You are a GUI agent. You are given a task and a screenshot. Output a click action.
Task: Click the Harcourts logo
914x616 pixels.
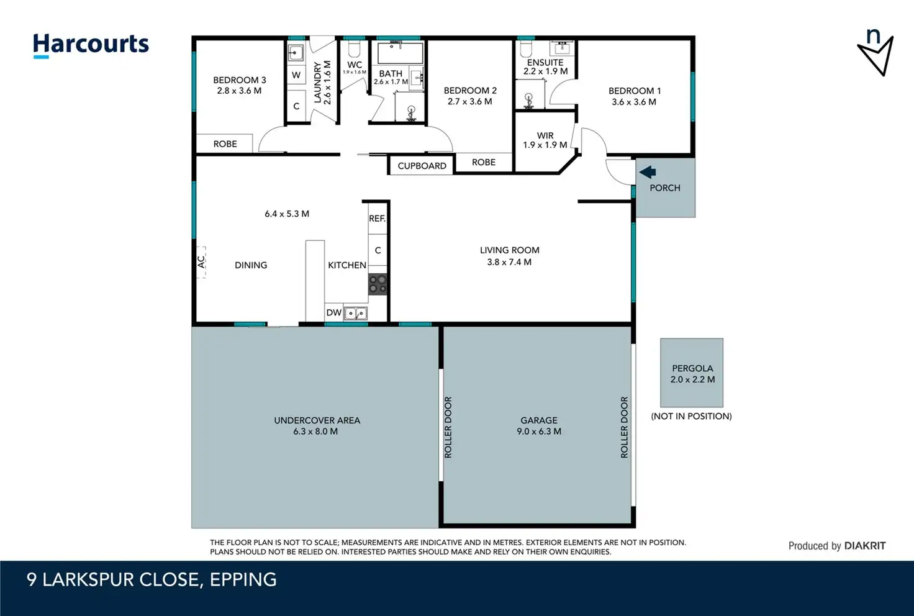[x=91, y=45]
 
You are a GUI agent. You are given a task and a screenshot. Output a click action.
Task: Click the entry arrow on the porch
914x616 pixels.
[x=648, y=172]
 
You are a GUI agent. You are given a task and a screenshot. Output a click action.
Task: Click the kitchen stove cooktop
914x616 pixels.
[x=378, y=284]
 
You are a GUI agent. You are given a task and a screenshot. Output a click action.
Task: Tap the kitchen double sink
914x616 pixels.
[x=355, y=314]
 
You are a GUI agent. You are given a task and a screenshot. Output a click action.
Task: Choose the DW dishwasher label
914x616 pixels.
[x=334, y=313]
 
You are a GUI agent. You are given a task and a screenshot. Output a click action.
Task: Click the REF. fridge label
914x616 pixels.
[x=377, y=219]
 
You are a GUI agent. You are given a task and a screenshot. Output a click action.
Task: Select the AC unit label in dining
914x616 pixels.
[x=201, y=261]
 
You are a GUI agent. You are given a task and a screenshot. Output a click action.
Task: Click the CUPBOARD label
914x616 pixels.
[x=422, y=166]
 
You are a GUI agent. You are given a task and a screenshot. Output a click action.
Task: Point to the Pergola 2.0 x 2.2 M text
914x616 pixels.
[x=692, y=374]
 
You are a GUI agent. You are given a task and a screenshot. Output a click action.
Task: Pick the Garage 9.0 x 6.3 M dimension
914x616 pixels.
[x=539, y=431]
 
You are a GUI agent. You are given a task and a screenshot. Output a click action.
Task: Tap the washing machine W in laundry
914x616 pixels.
[x=296, y=75]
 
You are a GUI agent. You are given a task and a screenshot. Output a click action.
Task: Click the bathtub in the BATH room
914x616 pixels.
[x=400, y=53]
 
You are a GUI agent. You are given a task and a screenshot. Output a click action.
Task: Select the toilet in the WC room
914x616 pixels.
[x=354, y=49]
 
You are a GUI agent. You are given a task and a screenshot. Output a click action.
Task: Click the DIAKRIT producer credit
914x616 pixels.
[x=864, y=546]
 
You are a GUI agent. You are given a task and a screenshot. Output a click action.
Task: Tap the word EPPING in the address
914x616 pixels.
[x=243, y=580]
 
